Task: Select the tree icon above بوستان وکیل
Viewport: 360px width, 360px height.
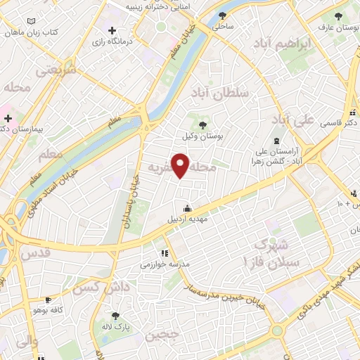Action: [202, 125]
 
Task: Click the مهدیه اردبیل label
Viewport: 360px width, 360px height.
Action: [187, 219]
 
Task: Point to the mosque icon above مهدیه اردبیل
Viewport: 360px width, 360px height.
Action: [187, 208]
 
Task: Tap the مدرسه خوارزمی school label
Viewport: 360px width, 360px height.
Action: [164, 264]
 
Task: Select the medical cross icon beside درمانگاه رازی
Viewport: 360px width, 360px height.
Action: [112, 30]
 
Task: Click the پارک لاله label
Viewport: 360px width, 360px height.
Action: [115, 327]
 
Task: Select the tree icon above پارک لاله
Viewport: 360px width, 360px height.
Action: [116, 316]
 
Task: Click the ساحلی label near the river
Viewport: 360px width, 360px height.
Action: [223, 25]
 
